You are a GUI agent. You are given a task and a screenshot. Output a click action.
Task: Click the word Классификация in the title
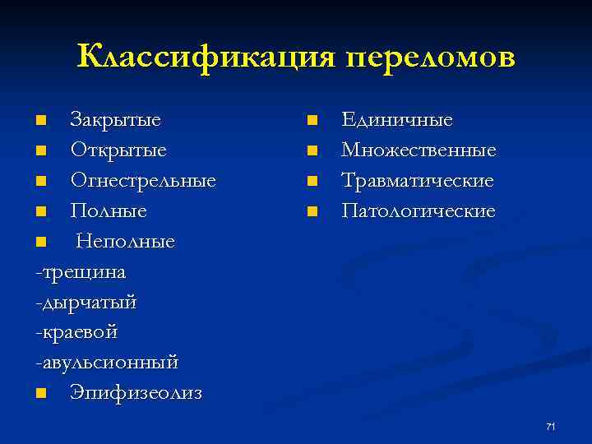coord(206,58)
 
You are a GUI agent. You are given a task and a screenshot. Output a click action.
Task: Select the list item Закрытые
coord(115,120)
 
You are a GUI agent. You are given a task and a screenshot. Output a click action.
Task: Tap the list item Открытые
coord(118,150)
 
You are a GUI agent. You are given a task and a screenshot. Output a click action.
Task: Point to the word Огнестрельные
coord(143,181)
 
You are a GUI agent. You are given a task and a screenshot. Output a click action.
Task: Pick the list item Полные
coord(109,211)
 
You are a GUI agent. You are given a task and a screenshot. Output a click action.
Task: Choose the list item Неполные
coord(126,242)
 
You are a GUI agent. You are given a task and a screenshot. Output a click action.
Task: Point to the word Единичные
coord(397,120)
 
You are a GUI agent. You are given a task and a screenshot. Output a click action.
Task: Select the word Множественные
coord(419,150)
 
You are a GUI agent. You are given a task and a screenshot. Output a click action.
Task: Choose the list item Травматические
coord(418,181)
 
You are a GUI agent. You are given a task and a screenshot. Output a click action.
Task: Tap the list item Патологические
coord(419,211)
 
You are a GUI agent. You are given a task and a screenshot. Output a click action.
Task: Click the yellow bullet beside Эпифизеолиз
coord(41,394)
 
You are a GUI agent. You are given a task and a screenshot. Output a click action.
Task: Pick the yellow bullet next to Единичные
coord(312,122)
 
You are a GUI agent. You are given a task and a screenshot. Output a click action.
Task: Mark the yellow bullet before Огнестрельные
coord(41,182)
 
